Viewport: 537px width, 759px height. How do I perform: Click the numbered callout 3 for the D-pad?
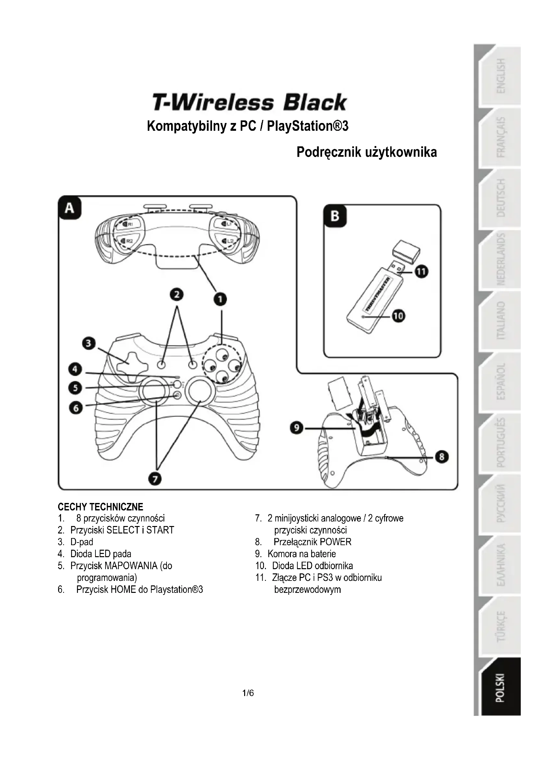88,343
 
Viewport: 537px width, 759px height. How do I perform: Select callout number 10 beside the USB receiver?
398,316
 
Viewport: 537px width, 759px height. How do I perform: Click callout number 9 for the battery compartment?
297,428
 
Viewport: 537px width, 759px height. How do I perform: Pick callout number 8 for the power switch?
442,457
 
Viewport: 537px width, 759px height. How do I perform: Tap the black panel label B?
335,216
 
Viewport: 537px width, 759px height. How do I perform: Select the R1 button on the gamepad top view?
129,225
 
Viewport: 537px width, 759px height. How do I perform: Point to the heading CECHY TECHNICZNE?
100,507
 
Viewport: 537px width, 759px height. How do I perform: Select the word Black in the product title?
314,103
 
